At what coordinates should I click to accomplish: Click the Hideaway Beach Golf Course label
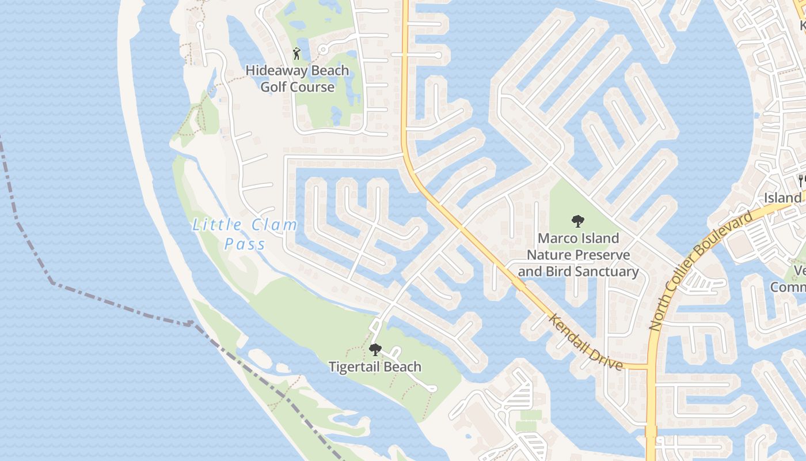point(297,79)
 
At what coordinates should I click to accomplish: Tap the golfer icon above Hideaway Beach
point(296,54)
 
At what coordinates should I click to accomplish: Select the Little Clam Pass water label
point(245,234)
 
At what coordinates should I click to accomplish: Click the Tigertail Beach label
point(375,366)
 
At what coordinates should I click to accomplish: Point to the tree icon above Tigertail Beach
point(375,349)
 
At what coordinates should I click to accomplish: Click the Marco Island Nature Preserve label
point(578,255)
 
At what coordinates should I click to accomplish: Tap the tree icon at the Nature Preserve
point(577,221)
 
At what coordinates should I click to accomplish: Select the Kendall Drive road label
point(585,343)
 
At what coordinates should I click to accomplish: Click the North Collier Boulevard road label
point(700,272)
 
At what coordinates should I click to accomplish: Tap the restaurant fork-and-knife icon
point(801,180)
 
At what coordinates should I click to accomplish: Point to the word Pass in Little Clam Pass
point(245,244)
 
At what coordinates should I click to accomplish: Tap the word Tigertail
point(352,366)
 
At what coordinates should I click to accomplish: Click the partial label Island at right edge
point(783,198)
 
